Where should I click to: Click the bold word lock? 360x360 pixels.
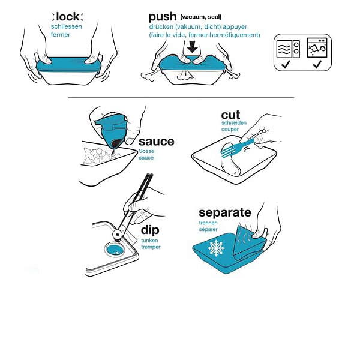click(x=68, y=17)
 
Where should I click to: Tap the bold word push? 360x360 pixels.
click(x=163, y=17)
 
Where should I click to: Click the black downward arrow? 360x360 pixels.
click(x=192, y=47)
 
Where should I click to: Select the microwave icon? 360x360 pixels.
click(x=288, y=49)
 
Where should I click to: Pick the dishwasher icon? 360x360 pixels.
click(x=317, y=47)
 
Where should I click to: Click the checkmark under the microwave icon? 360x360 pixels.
click(x=286, y=64)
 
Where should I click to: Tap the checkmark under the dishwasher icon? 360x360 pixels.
click(x=317, y=64)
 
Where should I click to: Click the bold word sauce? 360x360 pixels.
click(x=157, y=142)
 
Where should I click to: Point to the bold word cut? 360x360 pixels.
click(x=230, y=115)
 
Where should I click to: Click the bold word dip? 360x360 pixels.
click(x=150, y=230)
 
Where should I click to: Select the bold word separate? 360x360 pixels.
click(x=225, y=213)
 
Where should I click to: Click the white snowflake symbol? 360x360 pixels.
click(x=216, y=248)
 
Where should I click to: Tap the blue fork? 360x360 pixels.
click(x=239, y=148)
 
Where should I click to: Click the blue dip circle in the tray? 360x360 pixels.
click(x=115, y=250)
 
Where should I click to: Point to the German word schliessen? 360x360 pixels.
click(x=67, y=26)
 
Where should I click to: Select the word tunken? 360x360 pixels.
click(x=149, y=241)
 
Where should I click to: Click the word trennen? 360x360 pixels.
click(x=208, y=223)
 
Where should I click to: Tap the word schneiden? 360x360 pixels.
click(x=234, y=123)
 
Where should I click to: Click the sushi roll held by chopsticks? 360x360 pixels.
click(x=118, y=235)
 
